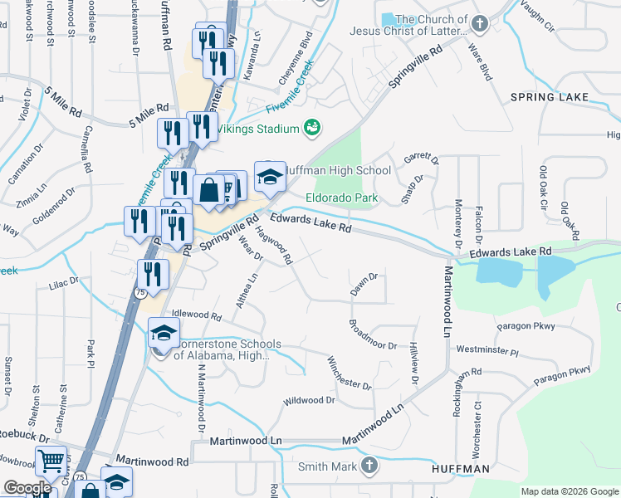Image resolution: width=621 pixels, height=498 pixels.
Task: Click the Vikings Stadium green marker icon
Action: pyautogui.click(x=313, y=128)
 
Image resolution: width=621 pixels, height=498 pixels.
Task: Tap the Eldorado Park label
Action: pyautogui.click(x=341, y=198)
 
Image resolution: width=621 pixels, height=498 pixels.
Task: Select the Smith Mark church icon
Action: pyautogui.click(x=369, y=466)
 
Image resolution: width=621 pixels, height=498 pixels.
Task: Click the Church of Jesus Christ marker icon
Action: pyautogui.click(x=479, y=23)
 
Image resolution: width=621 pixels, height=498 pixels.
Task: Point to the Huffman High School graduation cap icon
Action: pyautogui.click(x=270, y=176)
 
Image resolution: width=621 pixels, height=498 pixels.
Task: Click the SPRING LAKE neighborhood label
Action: pyautogui.click(x=549, y=97)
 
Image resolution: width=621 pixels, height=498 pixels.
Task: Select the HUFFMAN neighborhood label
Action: pyautogui.click(x=460, y=469)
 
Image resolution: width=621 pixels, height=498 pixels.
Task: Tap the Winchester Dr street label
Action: pyautogui.click(x=349, y=373)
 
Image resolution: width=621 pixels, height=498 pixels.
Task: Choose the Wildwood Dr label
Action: pyautogui.click(x=308, y=400)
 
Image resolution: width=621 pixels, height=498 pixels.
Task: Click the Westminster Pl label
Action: pyautogui.click(x=487, y=351)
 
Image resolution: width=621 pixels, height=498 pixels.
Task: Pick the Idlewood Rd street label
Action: pyautogui.click(x=196, y=315)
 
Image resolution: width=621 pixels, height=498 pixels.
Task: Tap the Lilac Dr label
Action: pyautogui.click(x=63, y=281)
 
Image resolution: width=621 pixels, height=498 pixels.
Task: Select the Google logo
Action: pyautogui.click(x=27, y=488)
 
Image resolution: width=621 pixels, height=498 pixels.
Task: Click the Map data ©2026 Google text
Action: pyautogui.click(x=570, y=491)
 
